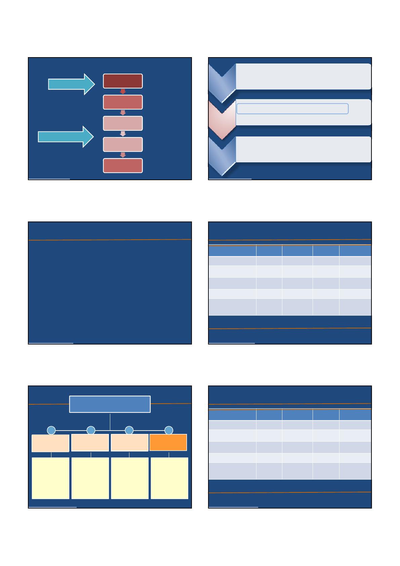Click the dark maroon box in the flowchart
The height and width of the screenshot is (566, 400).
click(x=123, y=81)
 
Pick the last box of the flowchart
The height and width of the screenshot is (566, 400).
click(x=123, y=165)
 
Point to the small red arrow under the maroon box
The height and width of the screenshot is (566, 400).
click(x=123, y=91)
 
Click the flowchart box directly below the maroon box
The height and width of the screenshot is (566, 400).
click(x=123, y=102)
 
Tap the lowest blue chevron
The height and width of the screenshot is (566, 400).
click(x=222, y=156)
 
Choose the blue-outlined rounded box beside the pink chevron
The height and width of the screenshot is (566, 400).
click(x=292, y=109)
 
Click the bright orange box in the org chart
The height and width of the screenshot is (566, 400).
click(x=168, y=443)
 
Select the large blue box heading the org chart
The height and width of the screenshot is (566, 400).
click(x=110, y=404)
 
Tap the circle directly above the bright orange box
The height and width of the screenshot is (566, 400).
click(x=169, y=430)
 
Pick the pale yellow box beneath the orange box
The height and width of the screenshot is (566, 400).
click(x=169, y=478)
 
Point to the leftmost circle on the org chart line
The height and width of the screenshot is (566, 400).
click(x=51, y=430)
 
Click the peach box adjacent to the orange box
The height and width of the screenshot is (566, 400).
click(x=129, y=443)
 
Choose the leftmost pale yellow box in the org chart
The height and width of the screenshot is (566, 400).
click(x=50, y=478)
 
